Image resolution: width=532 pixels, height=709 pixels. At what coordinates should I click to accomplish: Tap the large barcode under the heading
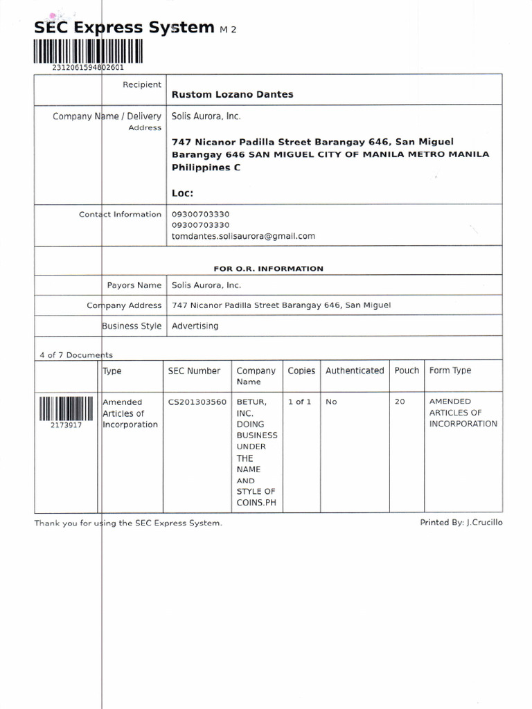[87, 51]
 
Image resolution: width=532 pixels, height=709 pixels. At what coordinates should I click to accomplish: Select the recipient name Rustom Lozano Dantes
[232, 94]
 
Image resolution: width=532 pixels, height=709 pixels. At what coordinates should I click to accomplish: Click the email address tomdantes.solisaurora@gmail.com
[243, 236]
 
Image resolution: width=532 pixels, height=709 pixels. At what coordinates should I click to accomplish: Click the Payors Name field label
[134, 285]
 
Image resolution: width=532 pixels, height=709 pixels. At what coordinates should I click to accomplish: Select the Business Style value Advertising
[195, 325]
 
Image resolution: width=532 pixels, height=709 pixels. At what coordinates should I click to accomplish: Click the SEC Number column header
[194, 371]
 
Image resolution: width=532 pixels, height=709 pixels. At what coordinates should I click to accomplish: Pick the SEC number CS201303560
[197, 402]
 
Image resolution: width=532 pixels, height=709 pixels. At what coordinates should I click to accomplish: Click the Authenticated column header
[355, 371]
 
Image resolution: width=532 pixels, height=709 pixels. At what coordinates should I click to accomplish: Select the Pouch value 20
[400, 402]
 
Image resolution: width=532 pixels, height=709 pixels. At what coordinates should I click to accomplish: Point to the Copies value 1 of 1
[299, 402]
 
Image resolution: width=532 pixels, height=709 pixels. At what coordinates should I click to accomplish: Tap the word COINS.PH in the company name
[256, 503]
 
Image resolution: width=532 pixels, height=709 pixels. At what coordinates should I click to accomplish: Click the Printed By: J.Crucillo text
[461, 523]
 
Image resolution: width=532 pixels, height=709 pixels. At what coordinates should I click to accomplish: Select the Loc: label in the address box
[183, 194]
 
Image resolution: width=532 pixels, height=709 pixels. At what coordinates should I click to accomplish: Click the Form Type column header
[450, 371]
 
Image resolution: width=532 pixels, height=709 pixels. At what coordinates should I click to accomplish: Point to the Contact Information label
[120, 215]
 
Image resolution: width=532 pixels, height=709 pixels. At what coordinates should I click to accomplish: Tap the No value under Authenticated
[331, 402]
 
